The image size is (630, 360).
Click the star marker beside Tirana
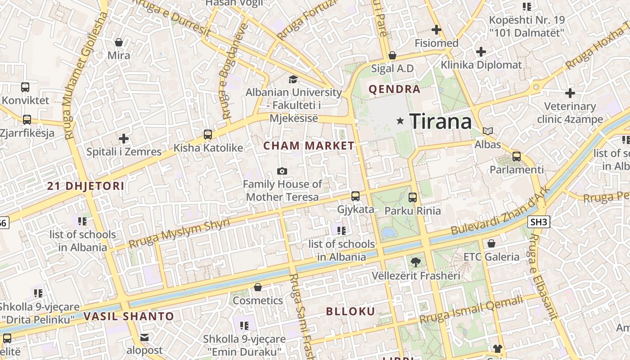coord(400,121)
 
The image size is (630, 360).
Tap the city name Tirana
coord(441,121)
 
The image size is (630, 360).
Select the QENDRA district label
coord(395,89)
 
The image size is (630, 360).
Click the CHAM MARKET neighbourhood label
coord(309,146)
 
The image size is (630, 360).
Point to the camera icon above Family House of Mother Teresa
coord(282,171)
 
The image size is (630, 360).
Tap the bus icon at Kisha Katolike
coord(208,134)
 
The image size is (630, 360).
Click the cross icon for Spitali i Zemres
coord(124,139)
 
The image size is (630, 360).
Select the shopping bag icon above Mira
coord(119,42)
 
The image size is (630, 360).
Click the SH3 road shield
coord(539,221)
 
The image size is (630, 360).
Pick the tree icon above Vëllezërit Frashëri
coord(415,262)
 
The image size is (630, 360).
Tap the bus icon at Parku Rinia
coord(413,197)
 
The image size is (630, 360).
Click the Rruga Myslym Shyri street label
coord(179,233)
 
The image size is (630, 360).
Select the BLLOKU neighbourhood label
coord(350,311)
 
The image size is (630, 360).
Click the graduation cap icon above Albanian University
coord(293,79)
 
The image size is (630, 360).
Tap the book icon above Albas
coord(487,131)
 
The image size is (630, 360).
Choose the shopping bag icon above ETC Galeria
coord(491,243)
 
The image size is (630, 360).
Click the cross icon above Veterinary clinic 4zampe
coord(570,93)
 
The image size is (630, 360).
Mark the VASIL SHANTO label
coord(129,316)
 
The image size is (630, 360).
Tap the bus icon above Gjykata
coord(355,196)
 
